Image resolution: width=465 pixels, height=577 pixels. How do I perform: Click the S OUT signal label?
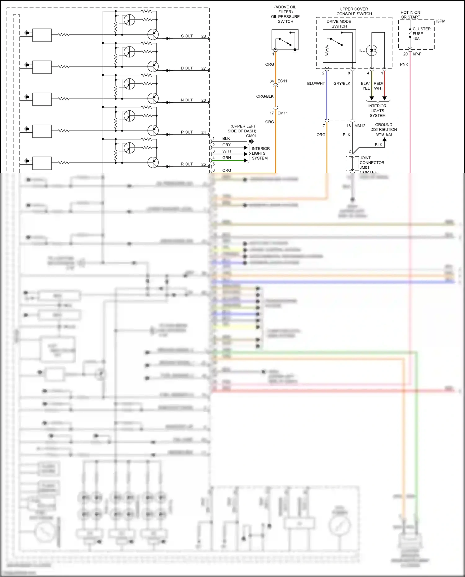pyautogui.click(x=187, y=36)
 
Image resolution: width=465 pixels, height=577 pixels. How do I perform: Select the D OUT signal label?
pyautogui.click(x=187, y=68)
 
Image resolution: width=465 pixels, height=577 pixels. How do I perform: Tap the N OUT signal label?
pyautogui.click(x=187, y=100)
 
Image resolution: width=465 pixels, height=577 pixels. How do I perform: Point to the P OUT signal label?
pyautogui.click(x=187, y=132)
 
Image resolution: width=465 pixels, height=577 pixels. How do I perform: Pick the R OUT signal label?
pyautogui.click(x=187, y=164)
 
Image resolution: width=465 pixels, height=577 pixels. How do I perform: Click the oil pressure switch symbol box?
pyautogui.click(x=285, y=39)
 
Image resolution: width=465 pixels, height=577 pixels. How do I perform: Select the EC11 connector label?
pyautogui.click(x=282, y=81)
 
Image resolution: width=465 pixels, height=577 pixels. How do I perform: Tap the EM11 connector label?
pyautogui.click(x=282, y=113)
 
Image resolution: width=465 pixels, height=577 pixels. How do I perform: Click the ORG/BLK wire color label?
pyautogui.click(x=265, y=96)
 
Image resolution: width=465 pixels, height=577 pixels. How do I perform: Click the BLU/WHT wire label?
pyautogui.click(x=316, y=83)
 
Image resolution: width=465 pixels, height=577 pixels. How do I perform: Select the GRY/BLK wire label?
pyautogui.click(x=342, y=83)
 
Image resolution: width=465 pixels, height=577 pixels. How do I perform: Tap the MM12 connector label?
pyautogui.click(x=360, y=126)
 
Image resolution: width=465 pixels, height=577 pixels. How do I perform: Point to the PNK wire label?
pyautogui.click(x=404, y=64)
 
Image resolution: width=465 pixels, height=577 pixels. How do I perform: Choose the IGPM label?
pyautogui.click(x=440, y=21)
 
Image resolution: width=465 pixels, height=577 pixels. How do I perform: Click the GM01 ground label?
pyautogui.click(x=251, y=136)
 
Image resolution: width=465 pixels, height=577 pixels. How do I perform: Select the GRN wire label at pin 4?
pyautogui.click(x=226, y=158)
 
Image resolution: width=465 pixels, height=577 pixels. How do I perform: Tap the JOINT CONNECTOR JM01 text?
pyautogui.click(x=372, y=162)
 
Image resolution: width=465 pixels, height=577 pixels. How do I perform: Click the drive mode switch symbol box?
pyautogui.click(x=339, y=46)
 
